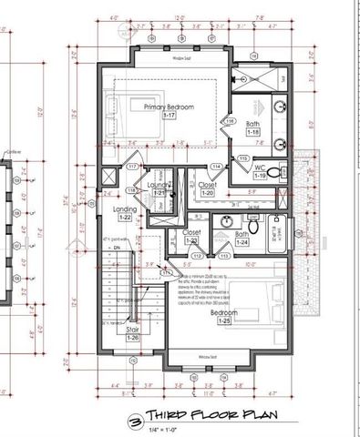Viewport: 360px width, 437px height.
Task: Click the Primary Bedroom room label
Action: click(x=169, y=107)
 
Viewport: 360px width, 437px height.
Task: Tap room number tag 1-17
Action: click(x=170, y=116)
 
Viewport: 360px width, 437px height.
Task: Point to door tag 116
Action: click(x=231, y=121)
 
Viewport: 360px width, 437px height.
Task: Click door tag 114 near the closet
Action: click(x=217, y=167)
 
